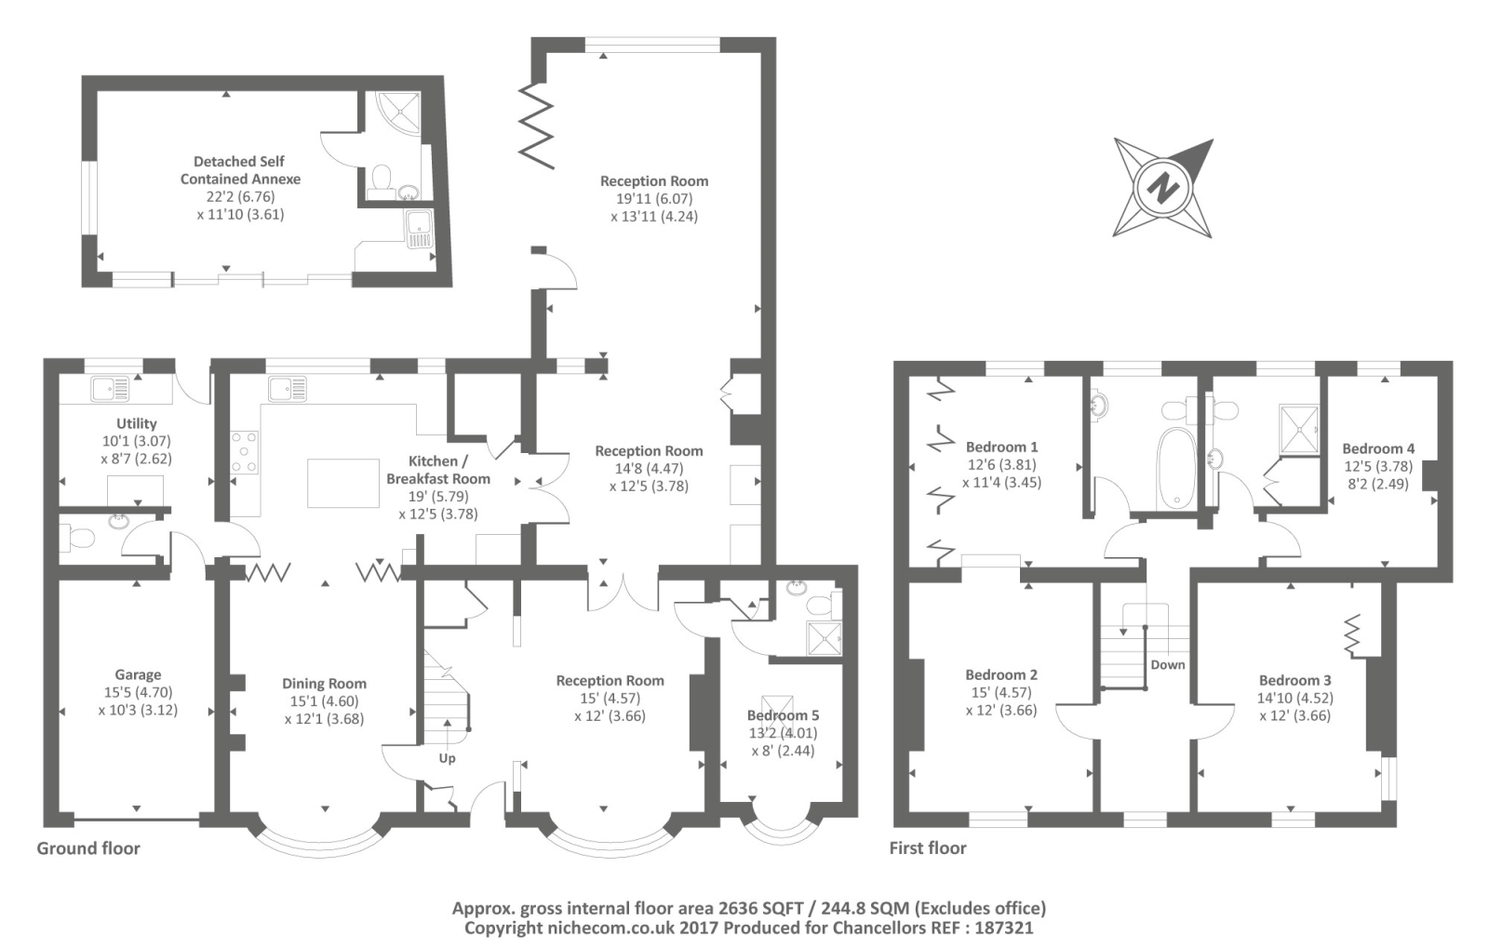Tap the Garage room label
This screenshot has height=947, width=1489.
coord(138,674)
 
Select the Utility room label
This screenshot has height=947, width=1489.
coord(136,423)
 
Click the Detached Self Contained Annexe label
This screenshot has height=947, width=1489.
coord(240,169)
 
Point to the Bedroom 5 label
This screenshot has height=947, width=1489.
coord(783,715)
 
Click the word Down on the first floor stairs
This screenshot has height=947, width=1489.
coord(1167,664)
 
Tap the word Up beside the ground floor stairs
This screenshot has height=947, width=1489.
coord(447,758)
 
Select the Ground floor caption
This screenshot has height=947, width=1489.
coord(88,847)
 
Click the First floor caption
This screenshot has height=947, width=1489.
coord(927,847)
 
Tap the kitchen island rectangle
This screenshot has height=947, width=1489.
coord(342,483)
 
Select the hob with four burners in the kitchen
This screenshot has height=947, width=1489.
coord(244,452)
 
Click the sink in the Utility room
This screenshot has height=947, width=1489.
coord(110,388)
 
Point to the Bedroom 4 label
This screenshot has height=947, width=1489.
coord(1377,448)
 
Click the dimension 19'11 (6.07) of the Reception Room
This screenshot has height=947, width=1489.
coord(653,198)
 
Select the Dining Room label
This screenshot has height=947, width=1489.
coord(324,683)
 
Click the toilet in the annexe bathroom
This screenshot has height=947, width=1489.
coord(382,178)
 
